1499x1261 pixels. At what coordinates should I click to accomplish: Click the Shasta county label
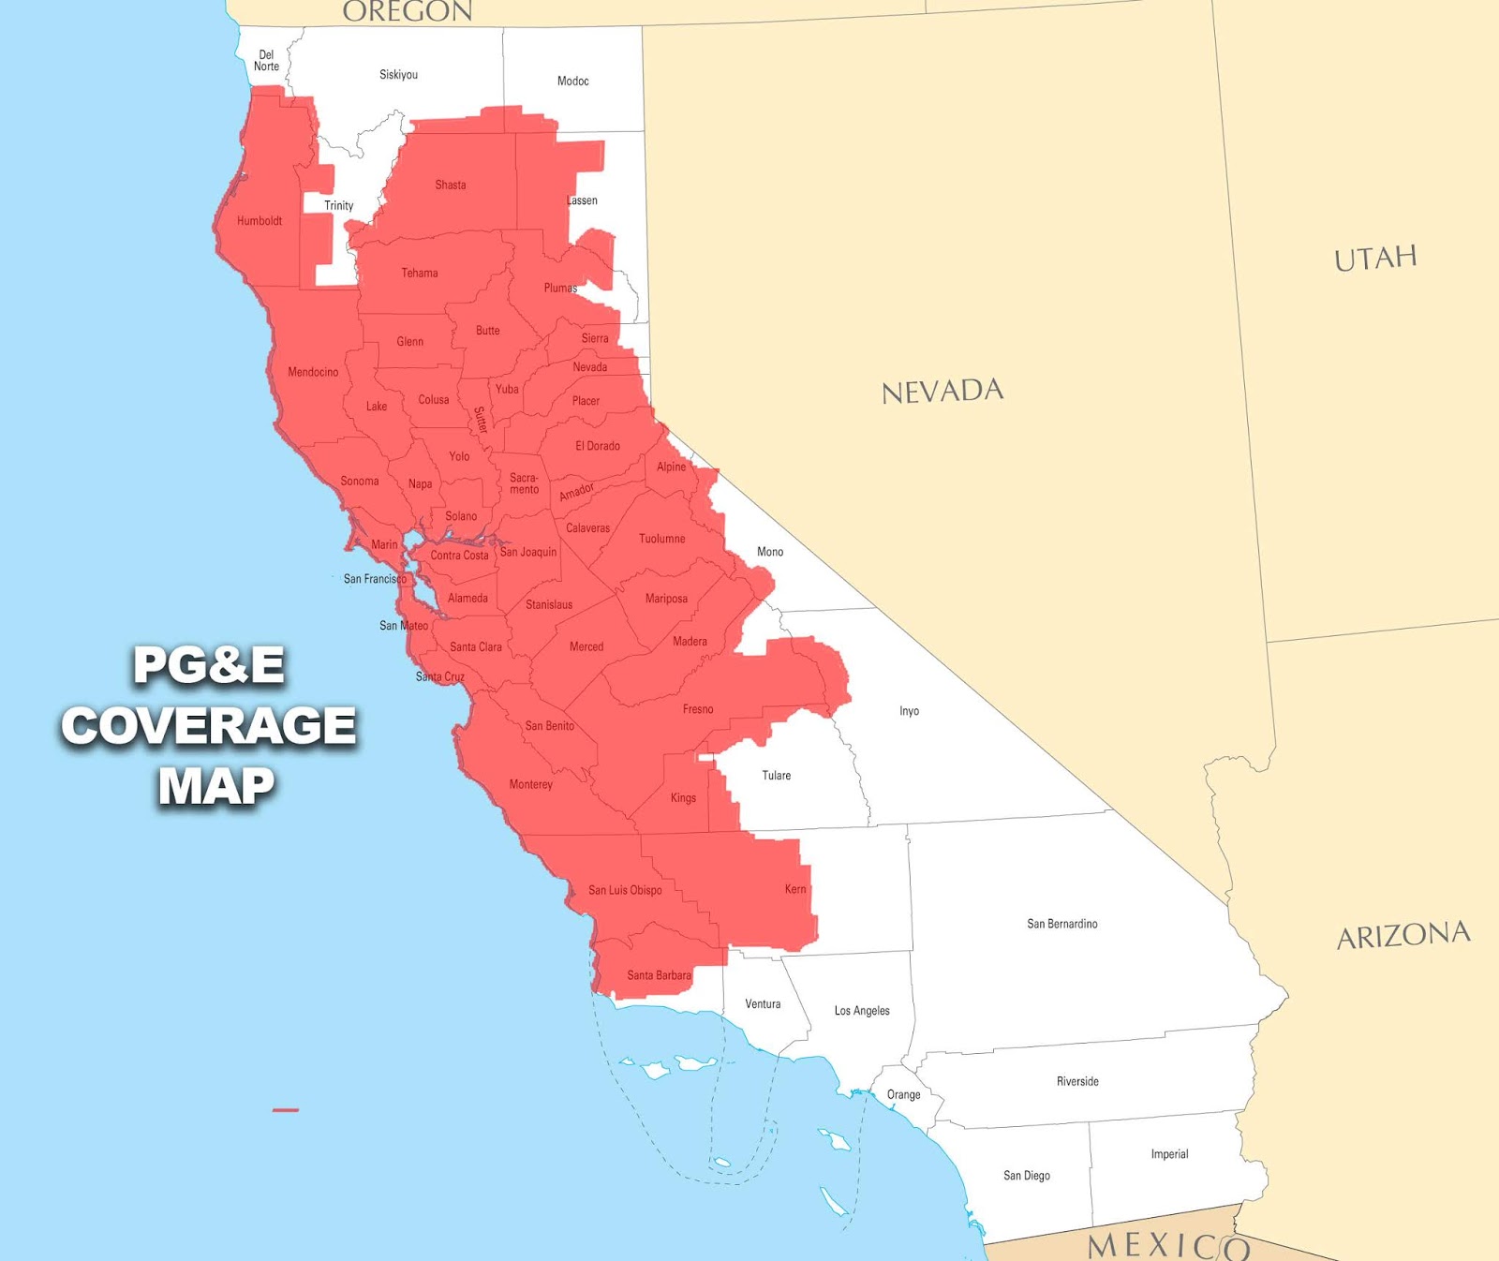(x=450, y=185)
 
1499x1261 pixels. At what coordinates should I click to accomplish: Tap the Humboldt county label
(x=260, y=221)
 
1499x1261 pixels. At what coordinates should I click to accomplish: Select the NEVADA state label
(x=942, y=391)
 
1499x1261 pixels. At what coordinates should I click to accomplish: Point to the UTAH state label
(x=1375, y=258)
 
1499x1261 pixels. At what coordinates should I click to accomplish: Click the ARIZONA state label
(x=1403, y=935)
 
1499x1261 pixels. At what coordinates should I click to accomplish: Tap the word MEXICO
(x=1168, y=1245)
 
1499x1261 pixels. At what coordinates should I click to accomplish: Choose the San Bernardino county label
(x=1061, y=924)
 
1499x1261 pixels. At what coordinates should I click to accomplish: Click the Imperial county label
(x=1169, y=1154)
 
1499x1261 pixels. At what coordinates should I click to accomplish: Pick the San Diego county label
(x=1027, y=1176)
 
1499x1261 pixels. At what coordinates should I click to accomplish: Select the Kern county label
(x=795, y=889)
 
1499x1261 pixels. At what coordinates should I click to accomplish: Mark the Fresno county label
(x=698, y=709)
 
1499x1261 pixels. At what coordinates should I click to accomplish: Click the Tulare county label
(x=776, y=776)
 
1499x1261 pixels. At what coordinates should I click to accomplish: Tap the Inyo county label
(x=909, y=711)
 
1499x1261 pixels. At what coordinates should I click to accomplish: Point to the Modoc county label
(x=572, y=82)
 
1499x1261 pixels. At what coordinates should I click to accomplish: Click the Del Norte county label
(x=266, y=61)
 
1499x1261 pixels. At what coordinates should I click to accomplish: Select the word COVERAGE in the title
(x=209, y=726)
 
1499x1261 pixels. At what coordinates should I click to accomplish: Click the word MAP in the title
(x=216, y=786)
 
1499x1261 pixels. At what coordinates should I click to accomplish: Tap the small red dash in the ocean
(x=286, y=1110)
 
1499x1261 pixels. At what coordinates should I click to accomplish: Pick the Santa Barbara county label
(x=659, y=975)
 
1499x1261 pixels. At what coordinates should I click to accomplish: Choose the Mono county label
(x=770, y=552)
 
